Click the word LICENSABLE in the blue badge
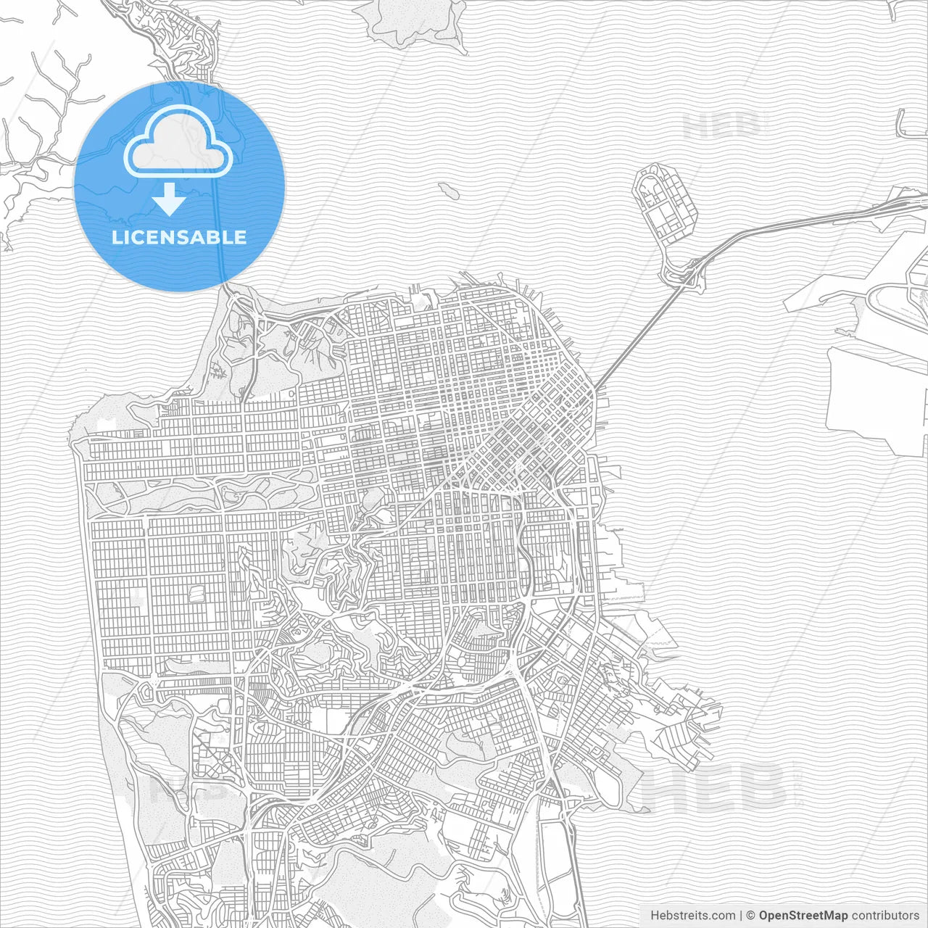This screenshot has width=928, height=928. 179,237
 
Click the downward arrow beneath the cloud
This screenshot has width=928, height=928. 170,199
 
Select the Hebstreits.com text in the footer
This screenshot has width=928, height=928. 692,915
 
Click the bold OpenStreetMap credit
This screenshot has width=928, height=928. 803,915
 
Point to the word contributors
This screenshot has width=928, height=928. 884,915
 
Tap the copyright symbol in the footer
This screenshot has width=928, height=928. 750,915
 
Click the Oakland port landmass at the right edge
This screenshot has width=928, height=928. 877,391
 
